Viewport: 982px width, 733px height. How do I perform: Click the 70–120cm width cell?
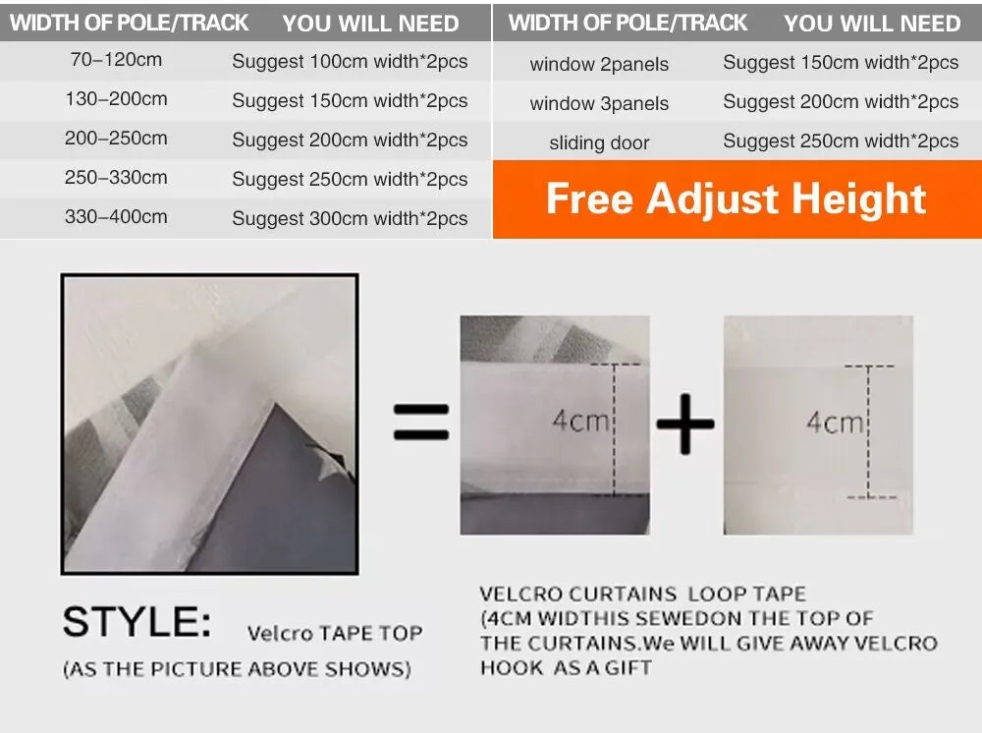(116, 60)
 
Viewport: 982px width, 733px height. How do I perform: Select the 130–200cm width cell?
(116, 99)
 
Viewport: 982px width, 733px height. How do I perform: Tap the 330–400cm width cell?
(116, 217)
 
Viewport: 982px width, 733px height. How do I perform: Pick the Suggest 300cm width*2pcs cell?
(350, 218)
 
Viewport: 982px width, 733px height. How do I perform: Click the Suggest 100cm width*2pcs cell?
(350, 61)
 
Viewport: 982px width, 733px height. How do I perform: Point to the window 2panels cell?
(599, 64)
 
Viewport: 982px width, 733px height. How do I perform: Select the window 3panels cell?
(599, 103)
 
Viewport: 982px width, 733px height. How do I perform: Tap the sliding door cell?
(599, 142)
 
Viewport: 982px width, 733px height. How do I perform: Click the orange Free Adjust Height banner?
(737, 199)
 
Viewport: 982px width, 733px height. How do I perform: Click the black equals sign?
(421, 422)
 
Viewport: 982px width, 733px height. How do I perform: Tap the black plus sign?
(685, 423)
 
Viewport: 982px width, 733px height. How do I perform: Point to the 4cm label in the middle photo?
(580, 421)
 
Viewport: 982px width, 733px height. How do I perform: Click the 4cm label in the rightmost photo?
(835, 423)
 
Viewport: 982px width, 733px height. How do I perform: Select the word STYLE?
(137, 622)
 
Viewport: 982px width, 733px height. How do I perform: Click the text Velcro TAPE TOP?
(335, 634)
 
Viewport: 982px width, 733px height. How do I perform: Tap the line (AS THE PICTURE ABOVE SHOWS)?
(237, 669)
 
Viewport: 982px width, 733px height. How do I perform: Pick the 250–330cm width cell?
(116, 177)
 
